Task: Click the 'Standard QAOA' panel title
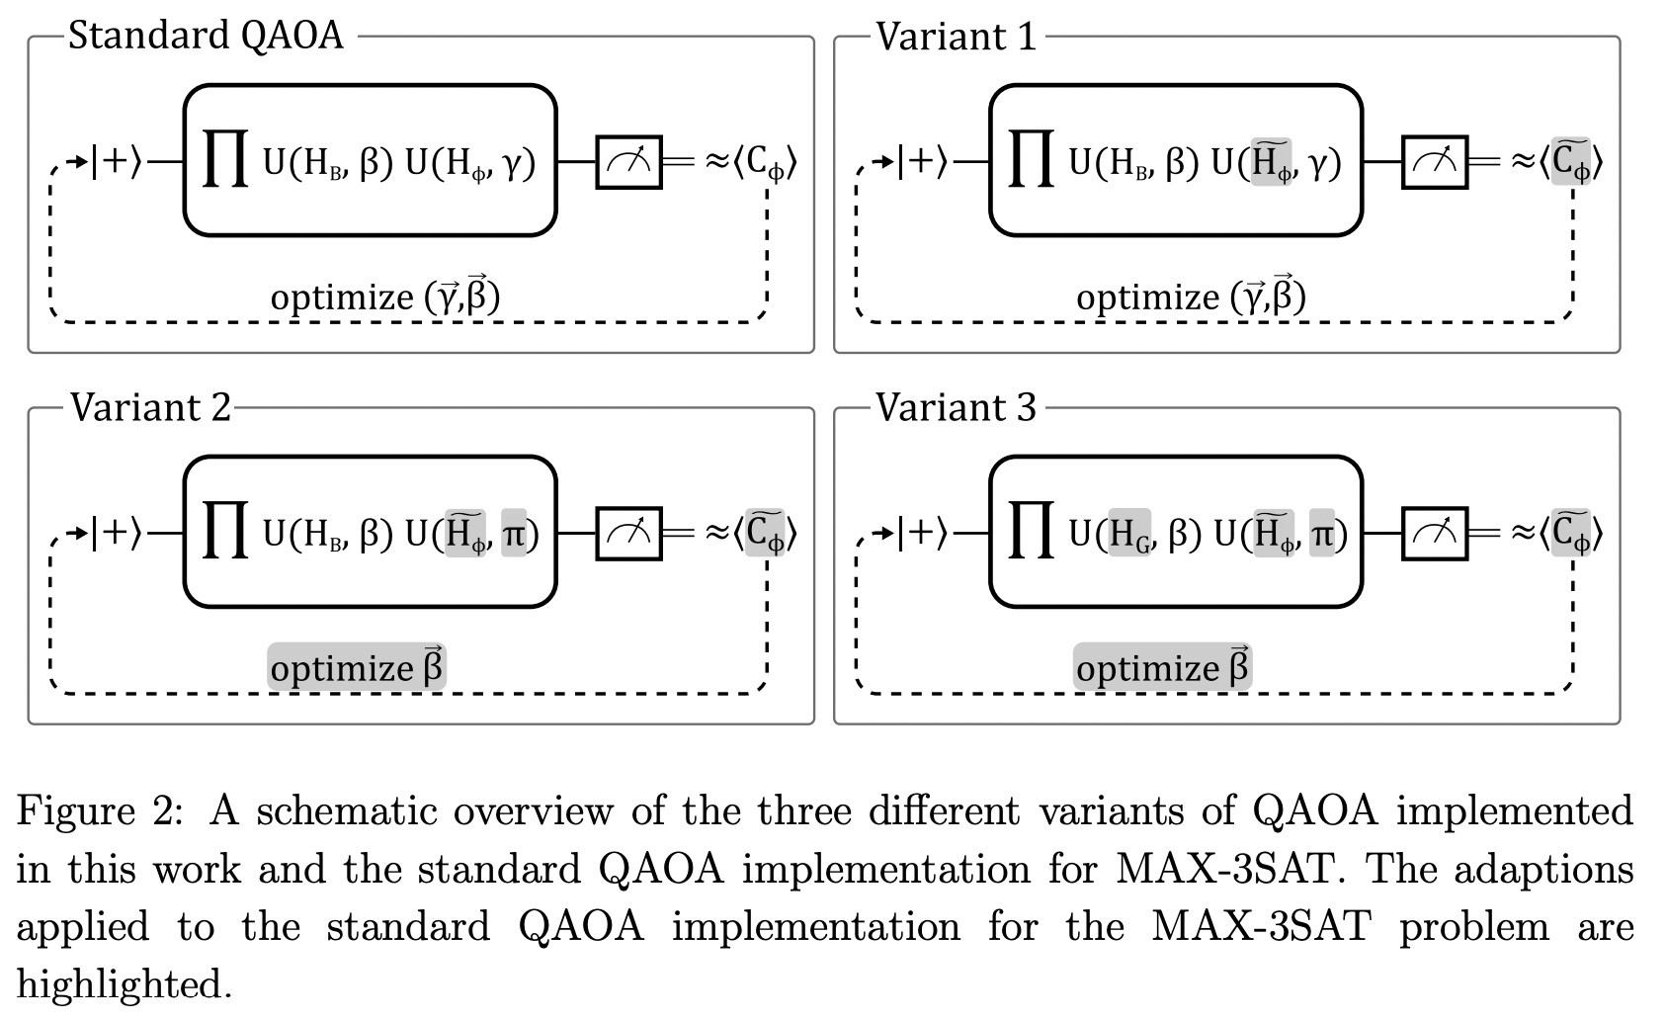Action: (206, 37)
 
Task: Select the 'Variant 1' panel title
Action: (957, 38)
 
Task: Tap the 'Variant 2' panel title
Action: (150, 407)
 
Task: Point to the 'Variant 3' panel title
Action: (957, 407)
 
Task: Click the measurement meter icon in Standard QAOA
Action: (628, 162)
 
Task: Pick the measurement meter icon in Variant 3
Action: (1435, 534)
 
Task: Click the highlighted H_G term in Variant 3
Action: (1129, 534)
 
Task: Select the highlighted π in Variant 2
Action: (514, 534)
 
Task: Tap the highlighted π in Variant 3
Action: (1321, 534)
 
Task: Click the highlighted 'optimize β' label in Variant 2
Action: (357, 667)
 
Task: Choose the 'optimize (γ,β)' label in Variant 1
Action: (1191, 296)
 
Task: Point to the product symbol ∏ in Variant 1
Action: (1031, 161)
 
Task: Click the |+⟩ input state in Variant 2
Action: (117, 534)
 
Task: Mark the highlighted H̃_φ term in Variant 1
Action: (1271, 161)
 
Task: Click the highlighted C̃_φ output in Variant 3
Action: (1571, 534)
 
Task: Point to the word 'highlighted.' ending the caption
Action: (125, 985)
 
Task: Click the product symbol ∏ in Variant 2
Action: (224, 534)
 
